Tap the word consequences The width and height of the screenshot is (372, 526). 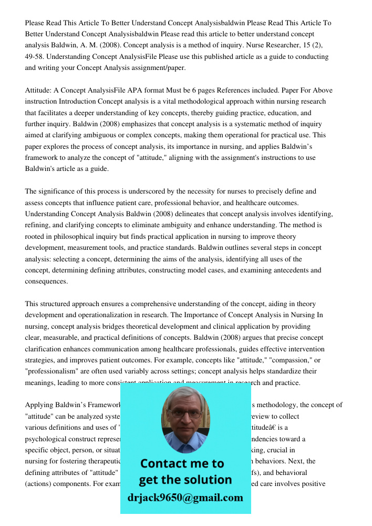(46, 281)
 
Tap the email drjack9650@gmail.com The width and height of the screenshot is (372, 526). (185, 498)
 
